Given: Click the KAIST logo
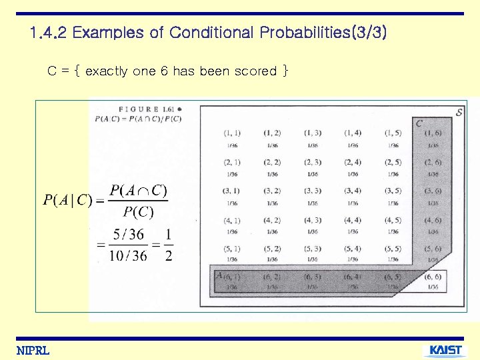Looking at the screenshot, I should (x=445, y=351).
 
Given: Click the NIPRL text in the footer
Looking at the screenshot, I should (x=33, y=351).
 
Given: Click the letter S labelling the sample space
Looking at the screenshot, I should (x=459, y=112).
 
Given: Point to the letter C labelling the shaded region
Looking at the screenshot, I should (x=419, y=123).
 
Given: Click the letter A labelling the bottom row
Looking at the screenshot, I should (x=219, y=275).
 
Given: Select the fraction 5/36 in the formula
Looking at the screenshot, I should (x=128, y=235).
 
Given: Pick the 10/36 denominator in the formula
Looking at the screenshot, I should (x=126, y=255).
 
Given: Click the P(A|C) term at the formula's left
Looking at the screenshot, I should (x=67, y=201).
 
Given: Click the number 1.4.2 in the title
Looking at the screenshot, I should (x=49, y=33).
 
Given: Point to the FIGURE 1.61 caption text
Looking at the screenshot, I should (x=149, y=109).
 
